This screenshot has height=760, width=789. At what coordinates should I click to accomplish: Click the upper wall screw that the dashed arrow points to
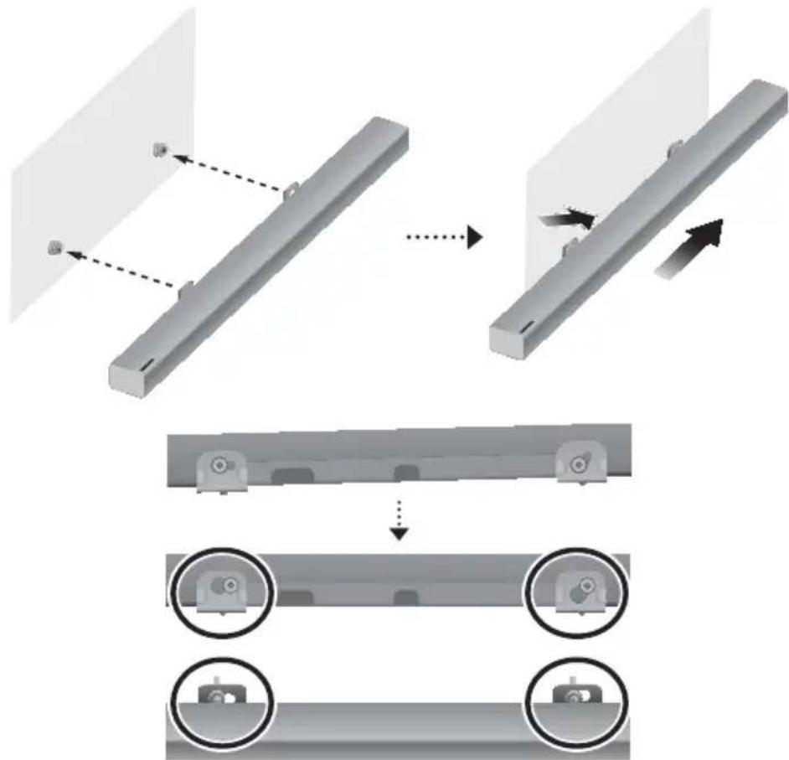[x=159, y=150]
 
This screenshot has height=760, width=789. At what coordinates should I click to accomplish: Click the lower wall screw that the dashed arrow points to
[x=55, y=247]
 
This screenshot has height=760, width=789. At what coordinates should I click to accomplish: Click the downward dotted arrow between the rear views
[x=400, y=520]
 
